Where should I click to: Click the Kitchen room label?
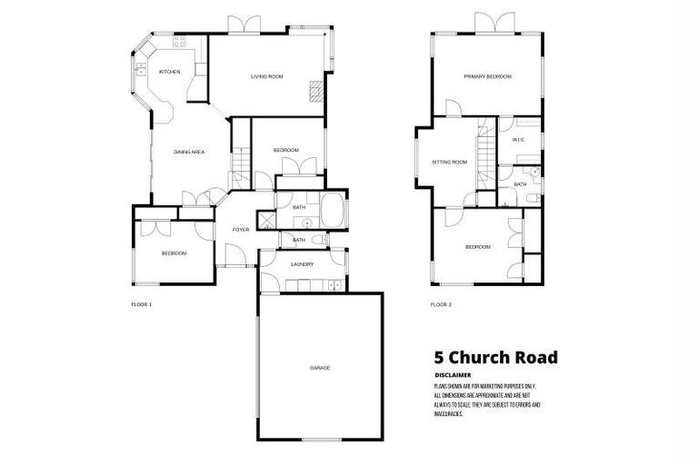(170, 72)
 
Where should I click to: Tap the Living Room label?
(267, 77)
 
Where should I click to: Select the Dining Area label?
(189, 152)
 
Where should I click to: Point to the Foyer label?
(241, 230)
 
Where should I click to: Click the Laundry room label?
(302, 264)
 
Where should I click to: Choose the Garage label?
(319, 368)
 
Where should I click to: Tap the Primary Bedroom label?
(487, 77)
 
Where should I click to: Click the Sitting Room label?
(449, 163)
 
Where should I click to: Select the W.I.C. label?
(519, 140)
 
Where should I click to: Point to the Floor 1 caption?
(142, 304)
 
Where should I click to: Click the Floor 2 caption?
(441, 304)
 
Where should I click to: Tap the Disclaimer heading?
(454, 374)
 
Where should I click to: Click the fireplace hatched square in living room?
(316, 90)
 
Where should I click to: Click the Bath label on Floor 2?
(521, 184)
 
